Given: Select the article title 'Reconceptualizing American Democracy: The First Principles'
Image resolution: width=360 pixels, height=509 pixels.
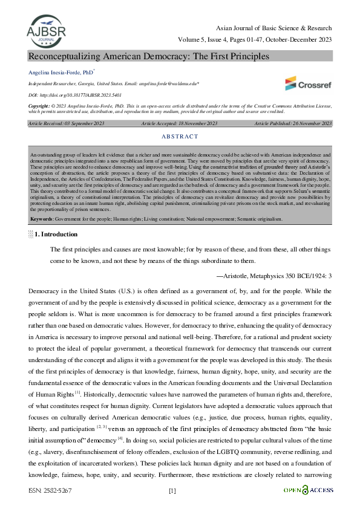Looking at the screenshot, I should pyautogui.click(x=148, y=56).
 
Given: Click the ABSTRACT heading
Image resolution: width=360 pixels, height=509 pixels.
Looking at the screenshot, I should pyautogui.click(x=180, y=137).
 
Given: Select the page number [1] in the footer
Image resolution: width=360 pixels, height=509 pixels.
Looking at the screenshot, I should pyautogui.click(x=172, y=490).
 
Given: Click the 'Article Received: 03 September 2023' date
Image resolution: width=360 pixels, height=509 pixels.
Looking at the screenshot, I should pyautogui.click(x=65, y=123).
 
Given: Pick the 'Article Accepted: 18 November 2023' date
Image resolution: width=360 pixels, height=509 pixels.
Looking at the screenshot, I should pyautogui.click(x=179, y=123).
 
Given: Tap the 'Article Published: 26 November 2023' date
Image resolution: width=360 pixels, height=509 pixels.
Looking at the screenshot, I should pyautogui.click(x=293, y=123).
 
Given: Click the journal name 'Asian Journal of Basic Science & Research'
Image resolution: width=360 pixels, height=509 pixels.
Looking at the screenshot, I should pyautogui.click(x=273, y=28).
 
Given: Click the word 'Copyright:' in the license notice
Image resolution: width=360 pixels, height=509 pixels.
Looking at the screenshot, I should pyautogui.click(x=39, y=105).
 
